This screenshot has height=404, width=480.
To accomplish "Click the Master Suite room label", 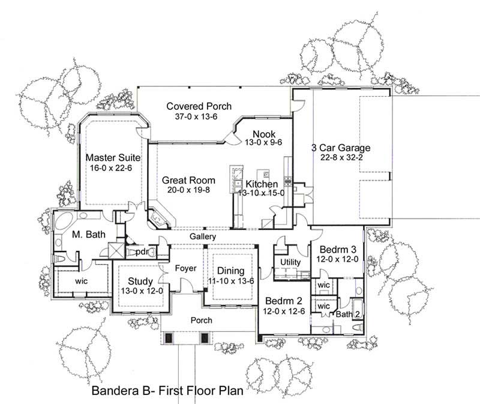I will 109,157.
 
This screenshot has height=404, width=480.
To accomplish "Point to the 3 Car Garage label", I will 340,148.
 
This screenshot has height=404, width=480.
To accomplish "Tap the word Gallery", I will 203,238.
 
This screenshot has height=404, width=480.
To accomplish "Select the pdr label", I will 142,252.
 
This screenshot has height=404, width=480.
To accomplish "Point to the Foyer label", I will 186,268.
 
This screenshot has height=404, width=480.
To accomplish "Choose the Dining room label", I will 230,270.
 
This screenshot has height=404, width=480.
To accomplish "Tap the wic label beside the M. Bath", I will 82,280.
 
